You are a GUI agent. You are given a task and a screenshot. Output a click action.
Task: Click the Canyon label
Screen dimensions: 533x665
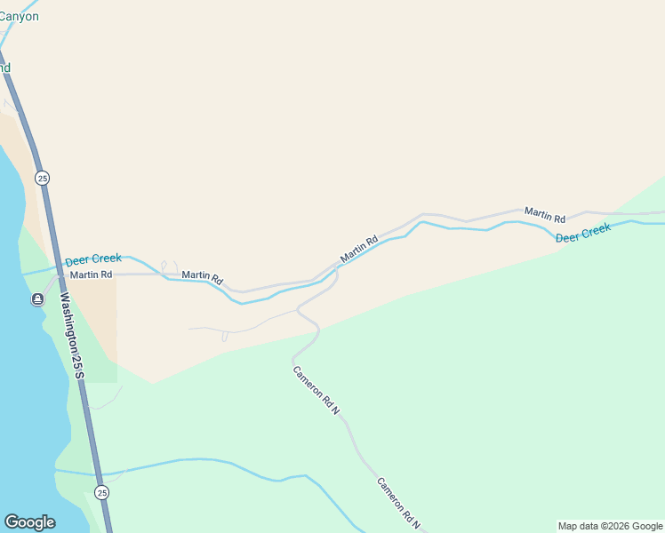19,16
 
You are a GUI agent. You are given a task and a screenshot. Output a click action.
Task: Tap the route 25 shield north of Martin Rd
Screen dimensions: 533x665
43,178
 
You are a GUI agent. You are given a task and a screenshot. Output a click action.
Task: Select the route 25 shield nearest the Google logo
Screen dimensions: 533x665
102,492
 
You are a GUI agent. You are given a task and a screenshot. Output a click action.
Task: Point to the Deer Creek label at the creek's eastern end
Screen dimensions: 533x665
583,234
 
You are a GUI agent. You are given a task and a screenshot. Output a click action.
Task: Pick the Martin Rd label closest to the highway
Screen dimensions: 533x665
91,274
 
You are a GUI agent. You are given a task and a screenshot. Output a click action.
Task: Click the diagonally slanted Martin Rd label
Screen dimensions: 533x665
359,249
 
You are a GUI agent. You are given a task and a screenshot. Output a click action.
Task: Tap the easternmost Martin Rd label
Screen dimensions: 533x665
544,214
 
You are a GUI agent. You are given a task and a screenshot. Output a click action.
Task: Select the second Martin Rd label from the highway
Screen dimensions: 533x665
202,276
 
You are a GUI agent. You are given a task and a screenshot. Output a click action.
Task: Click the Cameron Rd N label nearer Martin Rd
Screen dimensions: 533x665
316,388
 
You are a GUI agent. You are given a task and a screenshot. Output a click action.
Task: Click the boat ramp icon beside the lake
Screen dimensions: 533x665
37,299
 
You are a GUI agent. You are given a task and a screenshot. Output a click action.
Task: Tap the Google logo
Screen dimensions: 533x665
29,522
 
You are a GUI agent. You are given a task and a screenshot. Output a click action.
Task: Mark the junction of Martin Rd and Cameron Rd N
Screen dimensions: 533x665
337,267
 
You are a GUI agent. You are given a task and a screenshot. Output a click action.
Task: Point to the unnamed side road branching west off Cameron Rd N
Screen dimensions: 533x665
249,328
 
